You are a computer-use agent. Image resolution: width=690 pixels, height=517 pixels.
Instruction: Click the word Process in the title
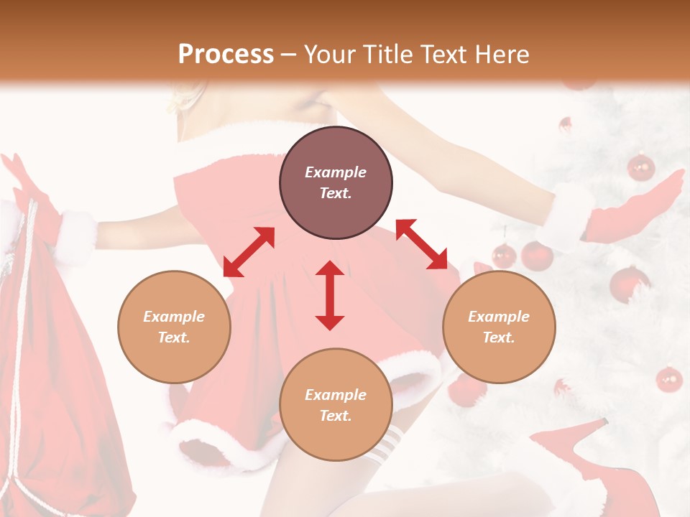click(226, 55)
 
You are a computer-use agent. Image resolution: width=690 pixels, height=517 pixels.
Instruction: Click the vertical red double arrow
click(330, 295)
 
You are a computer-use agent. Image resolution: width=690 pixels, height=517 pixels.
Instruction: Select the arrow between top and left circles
click(249, 252)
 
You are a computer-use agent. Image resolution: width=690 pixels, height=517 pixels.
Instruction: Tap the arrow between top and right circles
click(421, 244)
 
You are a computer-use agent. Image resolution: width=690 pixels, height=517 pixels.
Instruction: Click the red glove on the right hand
click(636, 208)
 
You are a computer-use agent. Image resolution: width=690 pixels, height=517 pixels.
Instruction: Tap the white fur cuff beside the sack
click(75, 236)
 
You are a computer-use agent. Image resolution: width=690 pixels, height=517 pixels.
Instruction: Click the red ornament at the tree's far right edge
click(668, 378)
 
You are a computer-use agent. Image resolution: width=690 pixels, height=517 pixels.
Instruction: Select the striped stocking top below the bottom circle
click(385, 442)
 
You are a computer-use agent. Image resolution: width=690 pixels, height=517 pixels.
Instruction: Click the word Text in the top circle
click(336, 193)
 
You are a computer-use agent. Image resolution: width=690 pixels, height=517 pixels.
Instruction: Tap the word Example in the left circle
click(174, 317)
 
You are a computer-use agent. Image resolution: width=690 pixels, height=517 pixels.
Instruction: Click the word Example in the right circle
click(499, 317)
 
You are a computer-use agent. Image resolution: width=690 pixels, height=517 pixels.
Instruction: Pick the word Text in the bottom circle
click(336, 416)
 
